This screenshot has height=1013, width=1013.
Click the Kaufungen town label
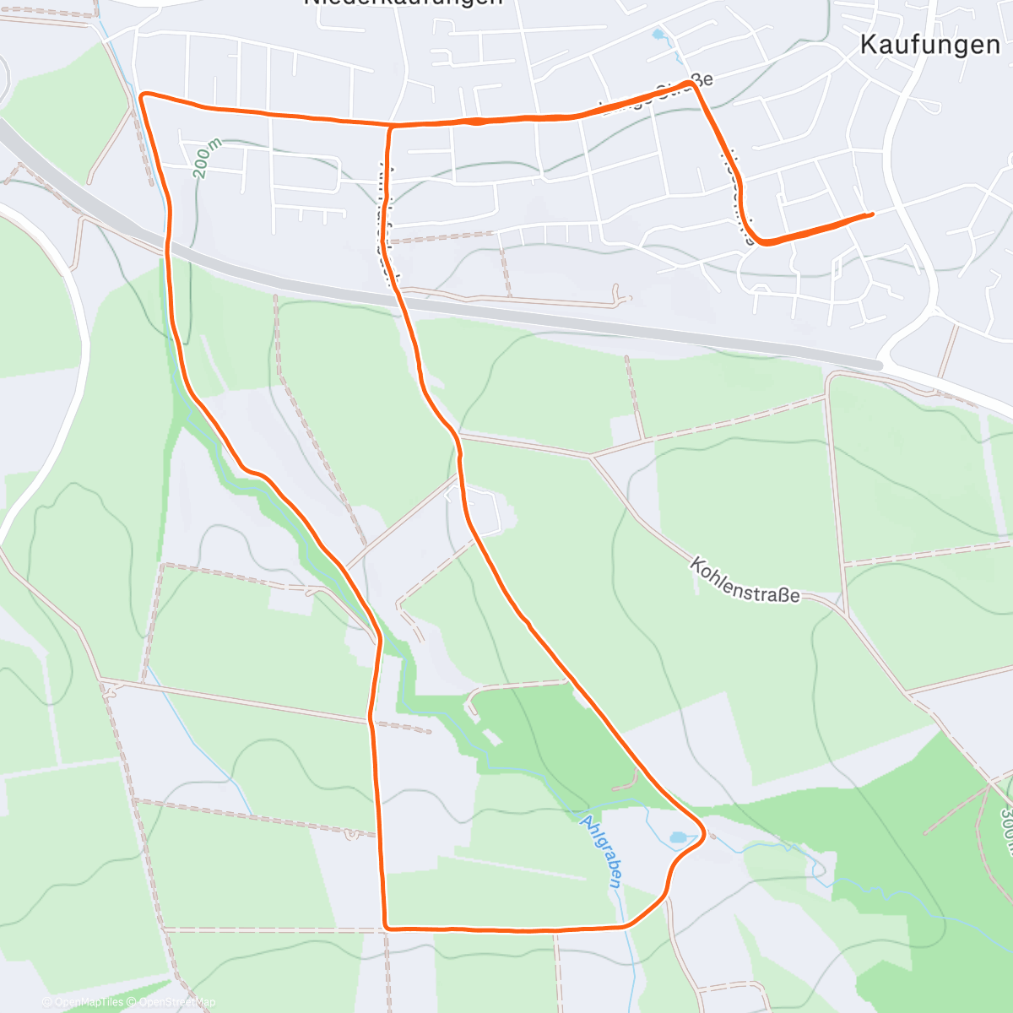(929, 45)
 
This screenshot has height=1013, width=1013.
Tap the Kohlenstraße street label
(745, 580)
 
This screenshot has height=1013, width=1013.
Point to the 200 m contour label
(205, 159)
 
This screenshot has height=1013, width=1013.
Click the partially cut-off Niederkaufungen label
(403, 3)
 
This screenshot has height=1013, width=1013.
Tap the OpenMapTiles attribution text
(83, 1002)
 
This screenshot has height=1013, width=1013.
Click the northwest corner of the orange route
(142, 95)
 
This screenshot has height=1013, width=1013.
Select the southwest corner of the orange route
(386, 927)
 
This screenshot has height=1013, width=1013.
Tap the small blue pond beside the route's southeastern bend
(678, 838)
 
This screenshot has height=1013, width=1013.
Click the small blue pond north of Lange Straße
(658, 35)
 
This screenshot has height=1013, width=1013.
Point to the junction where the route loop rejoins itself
(391, 127)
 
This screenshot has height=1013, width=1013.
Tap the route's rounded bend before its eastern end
(762, 242)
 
